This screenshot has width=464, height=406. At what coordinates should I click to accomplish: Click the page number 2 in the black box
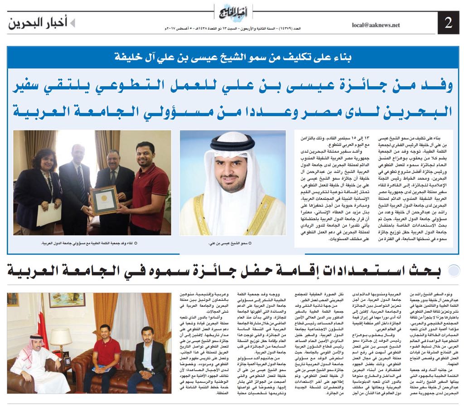coord(449,24)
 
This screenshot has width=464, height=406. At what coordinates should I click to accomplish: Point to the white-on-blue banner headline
coord(232,58)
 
